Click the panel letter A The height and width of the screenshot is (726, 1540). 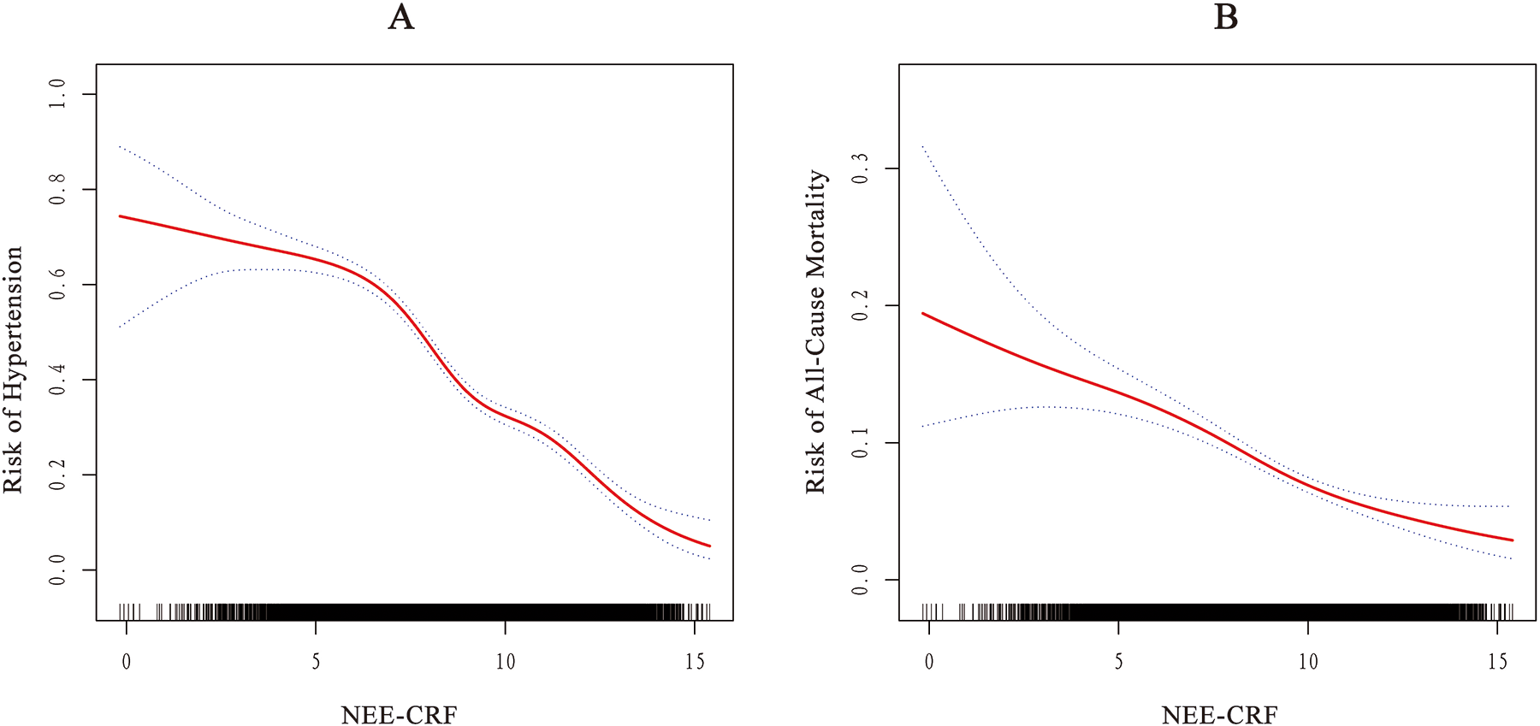tap(400, 17)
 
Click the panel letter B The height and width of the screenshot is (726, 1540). tap(1226, 17)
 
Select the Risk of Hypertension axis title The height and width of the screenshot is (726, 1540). tap(14, 369)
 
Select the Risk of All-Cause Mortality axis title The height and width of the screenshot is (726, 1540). tap(816, 332)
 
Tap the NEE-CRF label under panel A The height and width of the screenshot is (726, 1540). tap(399, 714)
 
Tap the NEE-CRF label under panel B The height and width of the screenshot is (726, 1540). tap(1219, 714)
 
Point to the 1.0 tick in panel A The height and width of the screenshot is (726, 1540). tap(57, 94)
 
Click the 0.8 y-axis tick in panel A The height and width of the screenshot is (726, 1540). tap(57, 189)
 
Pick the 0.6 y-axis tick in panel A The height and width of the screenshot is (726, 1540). tap(57, 284)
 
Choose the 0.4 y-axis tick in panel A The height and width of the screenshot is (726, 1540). tap(57, 380)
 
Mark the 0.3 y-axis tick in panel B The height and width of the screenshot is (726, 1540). tap(860, 168)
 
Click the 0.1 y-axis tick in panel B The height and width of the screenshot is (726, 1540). tap(860, 442)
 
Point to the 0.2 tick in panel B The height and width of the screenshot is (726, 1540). tap(860, 305)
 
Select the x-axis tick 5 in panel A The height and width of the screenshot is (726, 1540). tap(316, 661)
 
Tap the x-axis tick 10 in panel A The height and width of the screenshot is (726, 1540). tap(505, 661)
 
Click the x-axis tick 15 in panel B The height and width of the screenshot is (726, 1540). tap(1497, 661)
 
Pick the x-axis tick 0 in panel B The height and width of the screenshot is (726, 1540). tap(929, 661)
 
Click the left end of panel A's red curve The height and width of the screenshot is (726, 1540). tap(120, 216)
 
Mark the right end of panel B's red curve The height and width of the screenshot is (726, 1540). tap(1513, 540)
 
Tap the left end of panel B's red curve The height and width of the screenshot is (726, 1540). tap(922, 313)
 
